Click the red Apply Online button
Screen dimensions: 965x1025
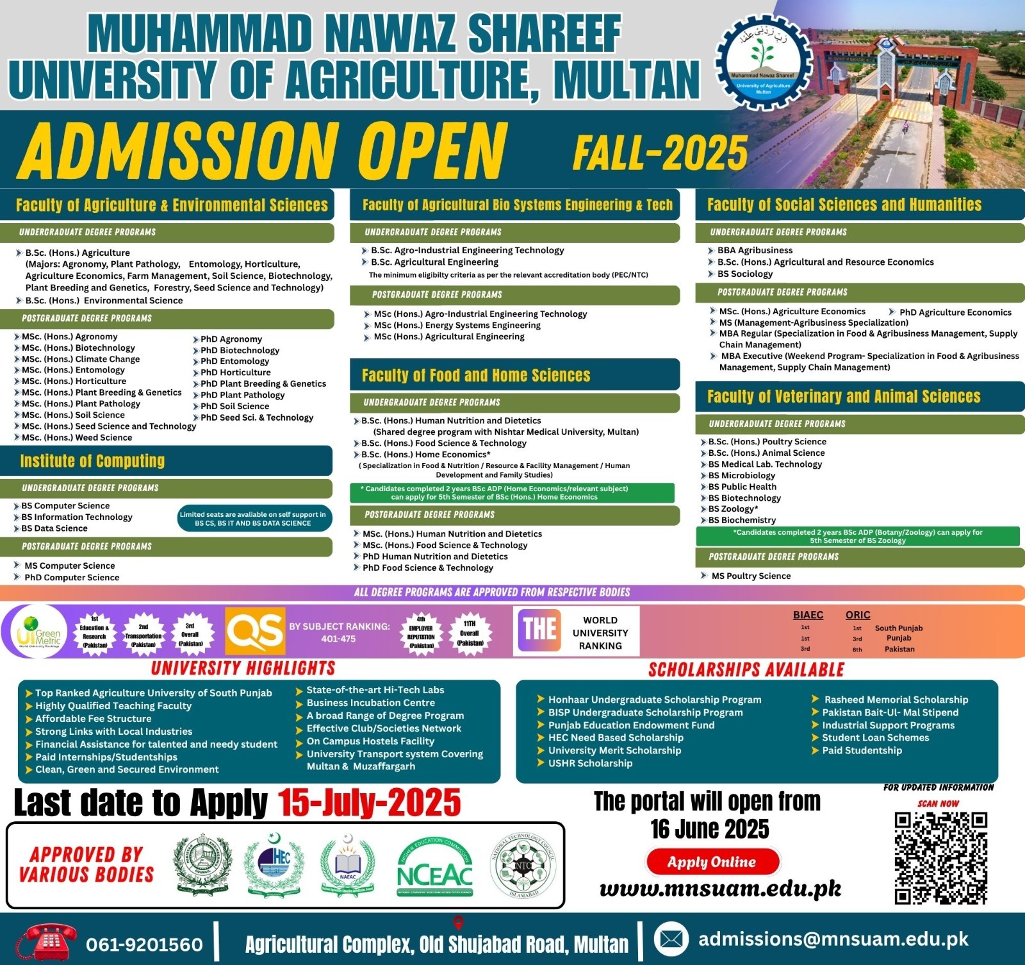[712, 862]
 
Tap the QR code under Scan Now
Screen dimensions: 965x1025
[940, 857]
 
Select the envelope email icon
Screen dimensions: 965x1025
[671, 939]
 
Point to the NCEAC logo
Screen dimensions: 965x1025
[435, 868]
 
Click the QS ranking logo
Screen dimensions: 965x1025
[255, 631]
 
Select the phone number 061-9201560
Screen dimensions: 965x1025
[144, 944]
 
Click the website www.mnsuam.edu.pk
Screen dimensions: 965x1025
[720, 889]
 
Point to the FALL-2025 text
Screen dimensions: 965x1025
[660, 153]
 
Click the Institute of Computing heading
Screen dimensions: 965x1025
[92, 461]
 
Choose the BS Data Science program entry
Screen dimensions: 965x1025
[54, 528]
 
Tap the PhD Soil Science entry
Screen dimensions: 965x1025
[234, 406]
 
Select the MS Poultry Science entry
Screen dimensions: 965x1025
[751, 576]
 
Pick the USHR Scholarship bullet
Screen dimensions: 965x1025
[590, 763]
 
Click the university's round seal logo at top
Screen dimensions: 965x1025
[763, 64]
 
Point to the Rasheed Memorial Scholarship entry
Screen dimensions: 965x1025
[896, 700]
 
